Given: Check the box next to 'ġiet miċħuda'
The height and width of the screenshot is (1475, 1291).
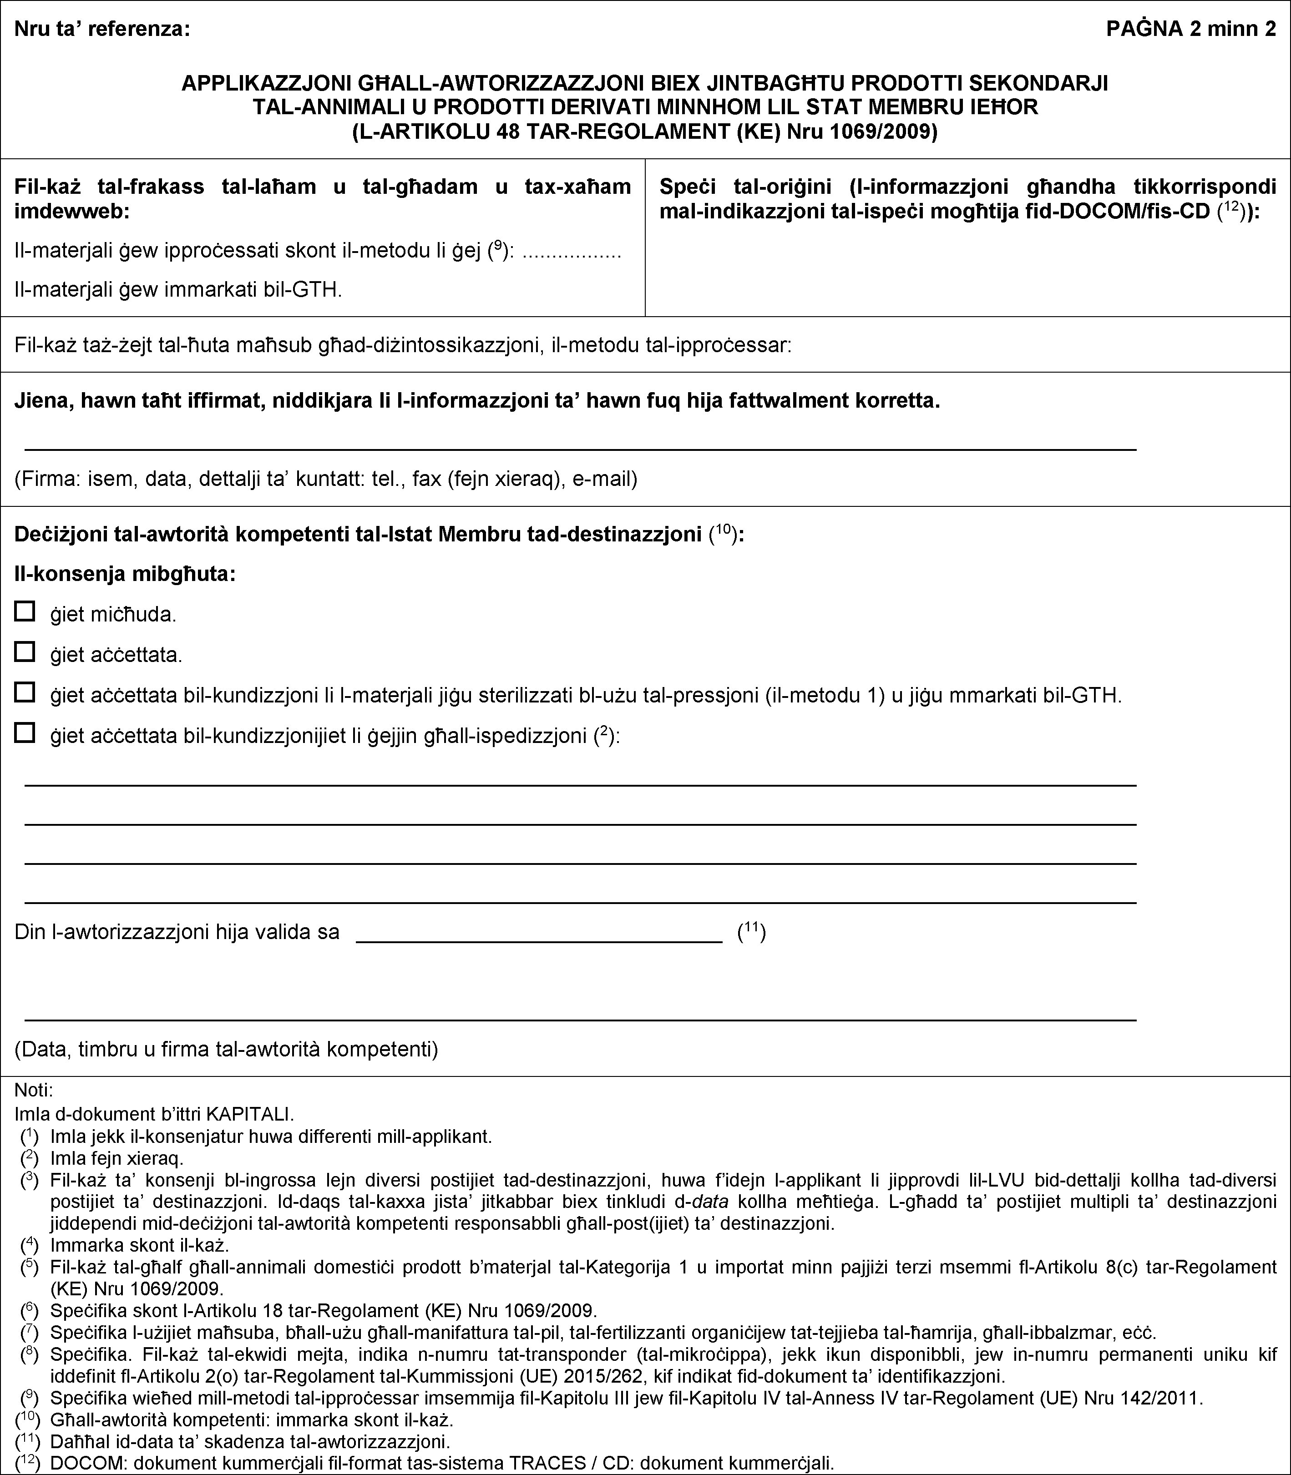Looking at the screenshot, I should point(25,612).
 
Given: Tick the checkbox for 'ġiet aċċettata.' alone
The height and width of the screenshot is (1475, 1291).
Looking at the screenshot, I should point(25,652).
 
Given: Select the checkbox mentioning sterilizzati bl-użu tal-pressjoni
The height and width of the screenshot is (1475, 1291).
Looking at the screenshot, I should point(25,693).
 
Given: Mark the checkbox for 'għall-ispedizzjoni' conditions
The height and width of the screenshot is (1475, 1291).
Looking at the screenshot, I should point(25,733).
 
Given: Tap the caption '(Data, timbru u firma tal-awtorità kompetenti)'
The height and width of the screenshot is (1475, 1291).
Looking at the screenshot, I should point(226,1048).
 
